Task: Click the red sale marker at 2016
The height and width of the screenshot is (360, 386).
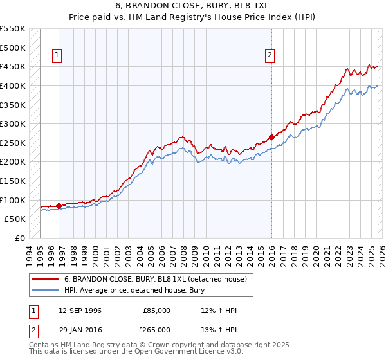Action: [x=271, y=137]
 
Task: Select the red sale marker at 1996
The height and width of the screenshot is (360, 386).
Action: [x=59, y=206]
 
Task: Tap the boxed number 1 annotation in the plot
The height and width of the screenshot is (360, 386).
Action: [x=57, y=56]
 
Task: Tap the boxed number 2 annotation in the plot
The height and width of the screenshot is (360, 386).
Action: [x=270, y=56]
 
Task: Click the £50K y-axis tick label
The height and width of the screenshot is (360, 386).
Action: [x=15, y=219]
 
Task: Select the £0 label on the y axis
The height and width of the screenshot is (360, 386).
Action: [x=19, y=238]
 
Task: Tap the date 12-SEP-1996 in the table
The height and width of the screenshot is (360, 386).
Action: [x=80, y=310]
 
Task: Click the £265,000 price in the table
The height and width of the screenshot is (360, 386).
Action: [x=157, y=328]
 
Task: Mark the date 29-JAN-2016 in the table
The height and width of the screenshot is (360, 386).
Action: [x=80, y=328]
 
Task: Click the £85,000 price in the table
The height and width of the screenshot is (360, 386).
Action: [x=157, y=310]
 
